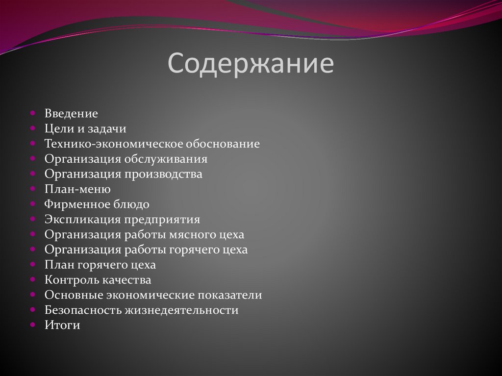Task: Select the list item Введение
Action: point(71,114)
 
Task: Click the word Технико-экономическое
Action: point(114,144)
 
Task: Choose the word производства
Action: point(163,175)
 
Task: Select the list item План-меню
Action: point(77,189)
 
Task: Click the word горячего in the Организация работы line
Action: point(195,250)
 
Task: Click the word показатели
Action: point(229,295)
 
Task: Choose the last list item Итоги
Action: point(62,325)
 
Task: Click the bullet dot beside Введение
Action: point(32,113)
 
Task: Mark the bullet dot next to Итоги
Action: point(32,324)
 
